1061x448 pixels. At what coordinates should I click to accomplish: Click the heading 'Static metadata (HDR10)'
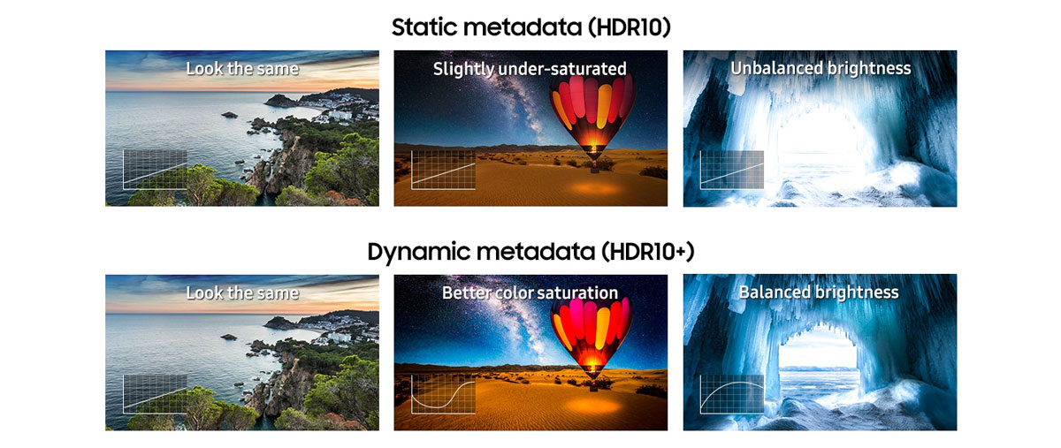[531, 27]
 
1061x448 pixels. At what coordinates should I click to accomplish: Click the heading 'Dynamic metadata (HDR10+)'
[531, 251]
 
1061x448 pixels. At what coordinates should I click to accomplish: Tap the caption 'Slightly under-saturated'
[530, 69]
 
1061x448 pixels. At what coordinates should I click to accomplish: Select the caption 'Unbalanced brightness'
[821, 69]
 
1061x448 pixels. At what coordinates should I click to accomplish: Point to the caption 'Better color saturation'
[530, 292]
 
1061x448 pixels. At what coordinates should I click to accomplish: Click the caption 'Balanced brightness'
[819, 292]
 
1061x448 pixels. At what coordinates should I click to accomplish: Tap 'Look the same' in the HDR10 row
[242, 69]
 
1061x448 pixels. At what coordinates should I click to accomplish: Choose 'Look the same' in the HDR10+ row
[242, 292]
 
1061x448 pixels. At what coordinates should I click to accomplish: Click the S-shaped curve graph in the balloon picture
[443, 394]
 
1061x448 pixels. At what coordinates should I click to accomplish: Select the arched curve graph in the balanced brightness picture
[732, 394]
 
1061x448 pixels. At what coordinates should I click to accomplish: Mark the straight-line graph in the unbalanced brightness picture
[732, 170]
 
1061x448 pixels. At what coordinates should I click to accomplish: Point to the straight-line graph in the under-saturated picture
[443, 170]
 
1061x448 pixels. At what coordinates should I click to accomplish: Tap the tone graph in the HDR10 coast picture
[155, 170]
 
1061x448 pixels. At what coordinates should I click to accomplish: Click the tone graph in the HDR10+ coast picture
[155, 394]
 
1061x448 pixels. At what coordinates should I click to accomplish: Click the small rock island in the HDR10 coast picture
[230, 115]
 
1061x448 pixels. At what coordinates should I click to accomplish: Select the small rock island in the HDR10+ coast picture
[229, 338]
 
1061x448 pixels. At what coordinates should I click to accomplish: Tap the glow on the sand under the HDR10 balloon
[593, 189]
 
